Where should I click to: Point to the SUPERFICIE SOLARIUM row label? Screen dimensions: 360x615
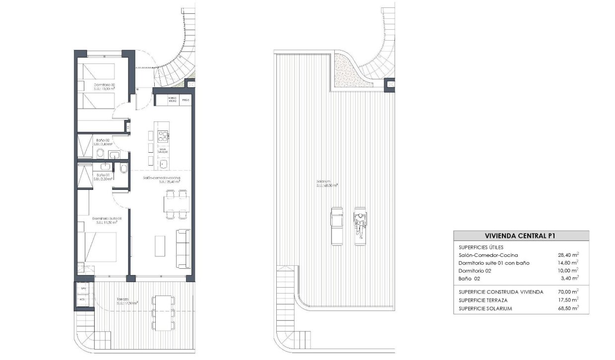[486, 308]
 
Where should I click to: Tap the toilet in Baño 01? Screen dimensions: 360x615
[123, 169]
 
